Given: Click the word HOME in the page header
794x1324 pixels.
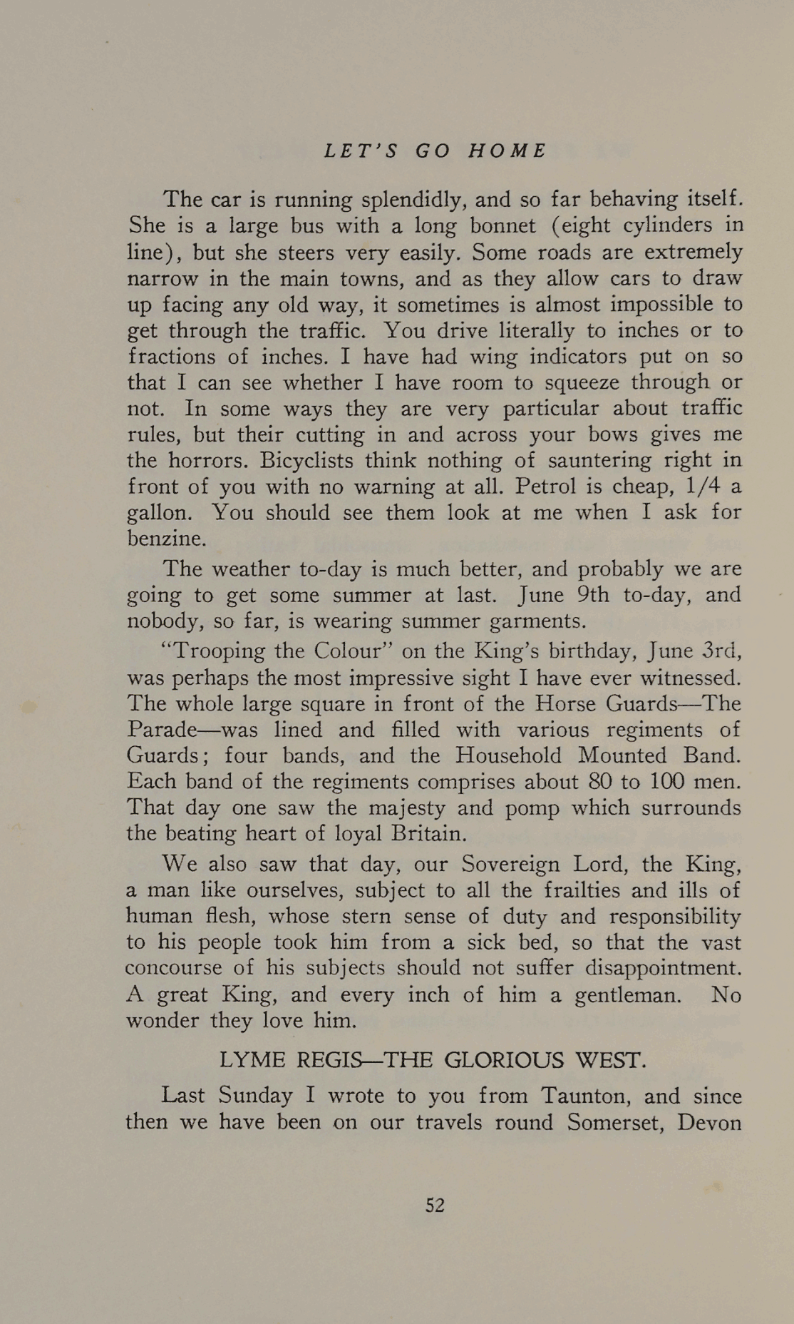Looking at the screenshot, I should pyautogui.click(x=507, y=151).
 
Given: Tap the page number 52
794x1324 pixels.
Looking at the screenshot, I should pyautogui.click(x=435, y=1205).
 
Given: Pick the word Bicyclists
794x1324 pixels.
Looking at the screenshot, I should pyautogui.click(x=306, y=460).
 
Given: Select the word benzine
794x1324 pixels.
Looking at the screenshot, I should pyautogui.click(x=166, y=539).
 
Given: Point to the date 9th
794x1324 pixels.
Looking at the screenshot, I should pyautogui.click(x=584, y=595).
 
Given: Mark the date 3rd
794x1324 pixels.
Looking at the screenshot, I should pyautogui.click(x=721, y=651).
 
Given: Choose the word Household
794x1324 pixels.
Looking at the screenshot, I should pyautogui.click(x=509, y=755).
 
